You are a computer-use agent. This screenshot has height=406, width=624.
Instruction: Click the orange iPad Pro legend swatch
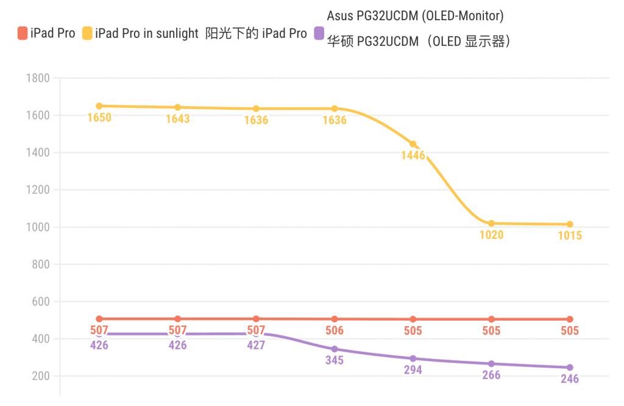[x=23, y=34]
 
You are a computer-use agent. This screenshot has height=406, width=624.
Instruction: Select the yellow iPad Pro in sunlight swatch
[x=87, y=34]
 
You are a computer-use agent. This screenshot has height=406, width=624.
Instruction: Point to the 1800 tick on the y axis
[x=38, y=78]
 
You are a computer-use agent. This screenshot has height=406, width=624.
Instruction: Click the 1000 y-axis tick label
[x=38, y=227]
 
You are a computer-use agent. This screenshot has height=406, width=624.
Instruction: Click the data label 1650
[x=99, y=118]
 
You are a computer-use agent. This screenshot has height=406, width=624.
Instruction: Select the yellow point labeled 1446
[x=413, y=144]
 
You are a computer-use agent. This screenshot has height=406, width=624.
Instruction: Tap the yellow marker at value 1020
[x=491, y=224]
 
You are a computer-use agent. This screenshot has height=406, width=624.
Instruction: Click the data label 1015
[x=570, y=236]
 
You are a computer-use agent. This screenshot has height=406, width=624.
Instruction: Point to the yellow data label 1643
[x=177, y=119]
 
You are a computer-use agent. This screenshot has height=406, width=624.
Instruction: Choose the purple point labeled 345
[x=335, y=349]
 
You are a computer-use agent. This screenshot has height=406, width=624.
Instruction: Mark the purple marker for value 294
[x=413, y=358]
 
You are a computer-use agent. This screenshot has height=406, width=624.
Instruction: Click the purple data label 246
[x=570, y=379]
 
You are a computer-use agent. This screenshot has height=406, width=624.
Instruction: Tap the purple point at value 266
[x=491, y=364]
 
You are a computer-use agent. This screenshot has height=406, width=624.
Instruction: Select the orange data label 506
[x=335, y=331]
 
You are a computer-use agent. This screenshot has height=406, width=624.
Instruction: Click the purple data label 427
[x=256, y=345]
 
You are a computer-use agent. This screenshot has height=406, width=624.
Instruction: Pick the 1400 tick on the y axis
[x=38, y=152]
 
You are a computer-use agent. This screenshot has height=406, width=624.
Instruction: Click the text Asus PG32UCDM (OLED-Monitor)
[x=415, y=16]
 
